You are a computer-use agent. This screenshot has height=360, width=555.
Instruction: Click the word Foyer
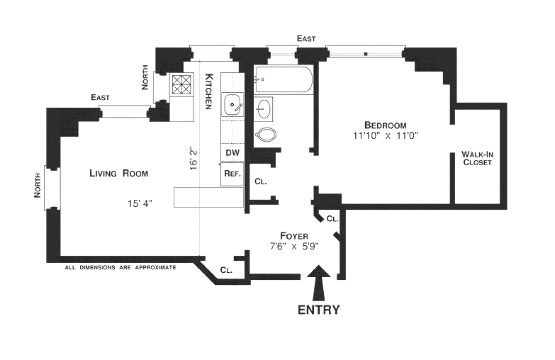click(x=294, y=235)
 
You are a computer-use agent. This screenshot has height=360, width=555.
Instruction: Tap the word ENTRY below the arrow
click(x=318, y=310)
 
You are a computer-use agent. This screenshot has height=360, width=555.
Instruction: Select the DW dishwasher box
click(x=232, y=152)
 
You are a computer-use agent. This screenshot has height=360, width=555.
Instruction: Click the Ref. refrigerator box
click(x=232, y=174)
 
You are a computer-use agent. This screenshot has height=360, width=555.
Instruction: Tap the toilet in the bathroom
click(x=265, y=134)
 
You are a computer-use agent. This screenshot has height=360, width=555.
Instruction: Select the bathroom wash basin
click(x=264, y=108)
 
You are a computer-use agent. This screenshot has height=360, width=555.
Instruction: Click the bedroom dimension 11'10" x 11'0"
click(x=386, y=135)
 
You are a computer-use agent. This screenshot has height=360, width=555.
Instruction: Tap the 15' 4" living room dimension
click(x=140, y=203)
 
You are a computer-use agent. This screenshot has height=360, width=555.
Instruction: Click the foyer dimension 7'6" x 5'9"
click(x=294, y=247)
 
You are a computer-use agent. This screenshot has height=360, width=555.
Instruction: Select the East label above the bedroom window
click(x=306, y=38)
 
